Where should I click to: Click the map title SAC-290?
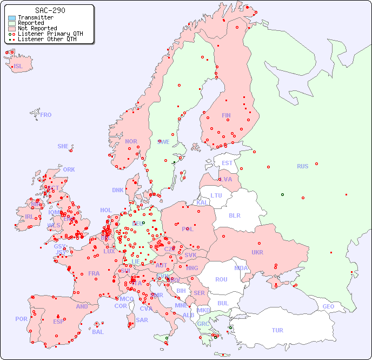(x=50, y=10)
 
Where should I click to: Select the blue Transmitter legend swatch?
(x=12, y=18)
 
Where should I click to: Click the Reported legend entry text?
(x=31, y=23)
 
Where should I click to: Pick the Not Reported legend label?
(x=37, y=29)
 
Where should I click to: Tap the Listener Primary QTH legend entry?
(x=50, y=34)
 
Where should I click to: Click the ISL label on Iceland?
(x=18, y=67)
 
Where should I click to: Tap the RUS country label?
(x=302, y=166)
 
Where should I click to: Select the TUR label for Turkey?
(x=277, y=330)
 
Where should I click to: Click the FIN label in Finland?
(x=226, y=115)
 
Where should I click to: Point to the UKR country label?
(x=257, y=252)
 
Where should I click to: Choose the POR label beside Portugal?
(x=21, y=319)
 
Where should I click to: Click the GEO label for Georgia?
(x=328, y=306)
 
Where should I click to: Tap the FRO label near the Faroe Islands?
(x=46, y=115)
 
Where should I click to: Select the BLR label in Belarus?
(x=235, y=215)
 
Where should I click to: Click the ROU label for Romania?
(x=221, y=279)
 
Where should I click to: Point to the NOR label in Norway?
(x=131, y=141)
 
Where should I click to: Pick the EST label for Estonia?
(x=227, y=163)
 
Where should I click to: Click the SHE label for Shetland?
(x=63, y=146)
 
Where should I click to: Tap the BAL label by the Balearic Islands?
(x=98, y=332)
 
